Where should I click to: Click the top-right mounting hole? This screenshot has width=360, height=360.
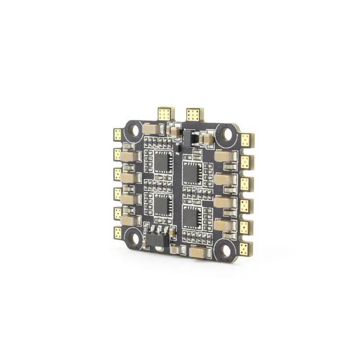229,134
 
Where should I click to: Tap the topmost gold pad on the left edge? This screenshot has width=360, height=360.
118,134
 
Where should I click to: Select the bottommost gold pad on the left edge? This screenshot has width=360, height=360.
118,232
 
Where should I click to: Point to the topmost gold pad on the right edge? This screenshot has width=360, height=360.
245,140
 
